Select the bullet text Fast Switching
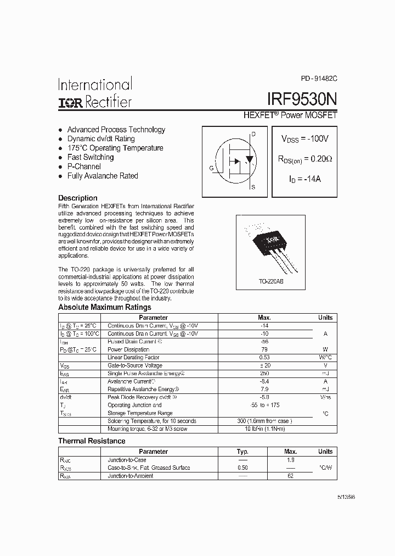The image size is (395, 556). pyautogui.click(x=91, y=157)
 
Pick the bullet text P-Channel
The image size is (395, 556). pyautogui.click(x=84, y=166)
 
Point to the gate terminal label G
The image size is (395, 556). pyautogui.click(x=211, y=168)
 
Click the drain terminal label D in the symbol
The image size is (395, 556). pyautogui.click(x=253, y=134)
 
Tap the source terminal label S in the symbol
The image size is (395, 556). pyautogui.click(x=253, y=187)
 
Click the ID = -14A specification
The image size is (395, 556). pyautogui.click(x=305, y=179)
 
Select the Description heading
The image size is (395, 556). pyautogui.click(x=78, y=198)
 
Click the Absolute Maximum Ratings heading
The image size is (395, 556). pyautogui.click(x=105, y=307)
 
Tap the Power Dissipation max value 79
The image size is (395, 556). pyautogui.click(x=264, y=349)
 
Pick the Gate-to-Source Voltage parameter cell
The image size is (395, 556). pyautogui.click(x=135, y=365)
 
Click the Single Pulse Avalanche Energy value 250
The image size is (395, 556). pyautogui.click(x=264, y=373)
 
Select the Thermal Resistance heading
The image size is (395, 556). pyautogui.click(x=92, y=441)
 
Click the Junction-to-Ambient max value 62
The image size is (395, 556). pyautogui.click(x=290, y=476)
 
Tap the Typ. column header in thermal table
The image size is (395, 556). pyautogui.click(x=242, y=452)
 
